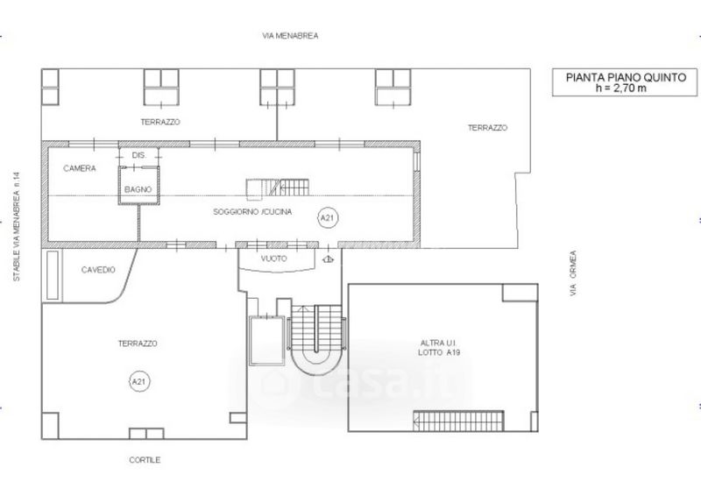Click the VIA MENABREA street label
[x=290, y=36]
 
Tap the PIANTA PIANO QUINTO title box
[x=625, y=82]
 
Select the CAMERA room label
[x=80, y=168]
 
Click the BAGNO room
[x=138, y=186]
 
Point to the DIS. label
[x=139, y=156]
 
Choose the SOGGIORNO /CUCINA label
[x=252, y=212]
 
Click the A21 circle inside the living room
[x=328, y=218]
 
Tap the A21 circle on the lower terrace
[x=139, y=382]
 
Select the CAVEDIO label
[x=98, y=270]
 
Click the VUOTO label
[x=274, y=259]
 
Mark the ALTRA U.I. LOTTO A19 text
[x=439, y=348]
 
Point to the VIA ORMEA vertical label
[x=573, y=273]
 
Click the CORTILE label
[x=145, y=460]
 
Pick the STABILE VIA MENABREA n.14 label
[x=17, y=227]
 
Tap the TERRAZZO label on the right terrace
[x=488, y=128]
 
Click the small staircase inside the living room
[x=277, y=188]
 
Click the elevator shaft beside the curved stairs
[x=267, y=341]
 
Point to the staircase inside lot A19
[x=458, y=422]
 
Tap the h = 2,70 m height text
[x=621, y=89]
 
